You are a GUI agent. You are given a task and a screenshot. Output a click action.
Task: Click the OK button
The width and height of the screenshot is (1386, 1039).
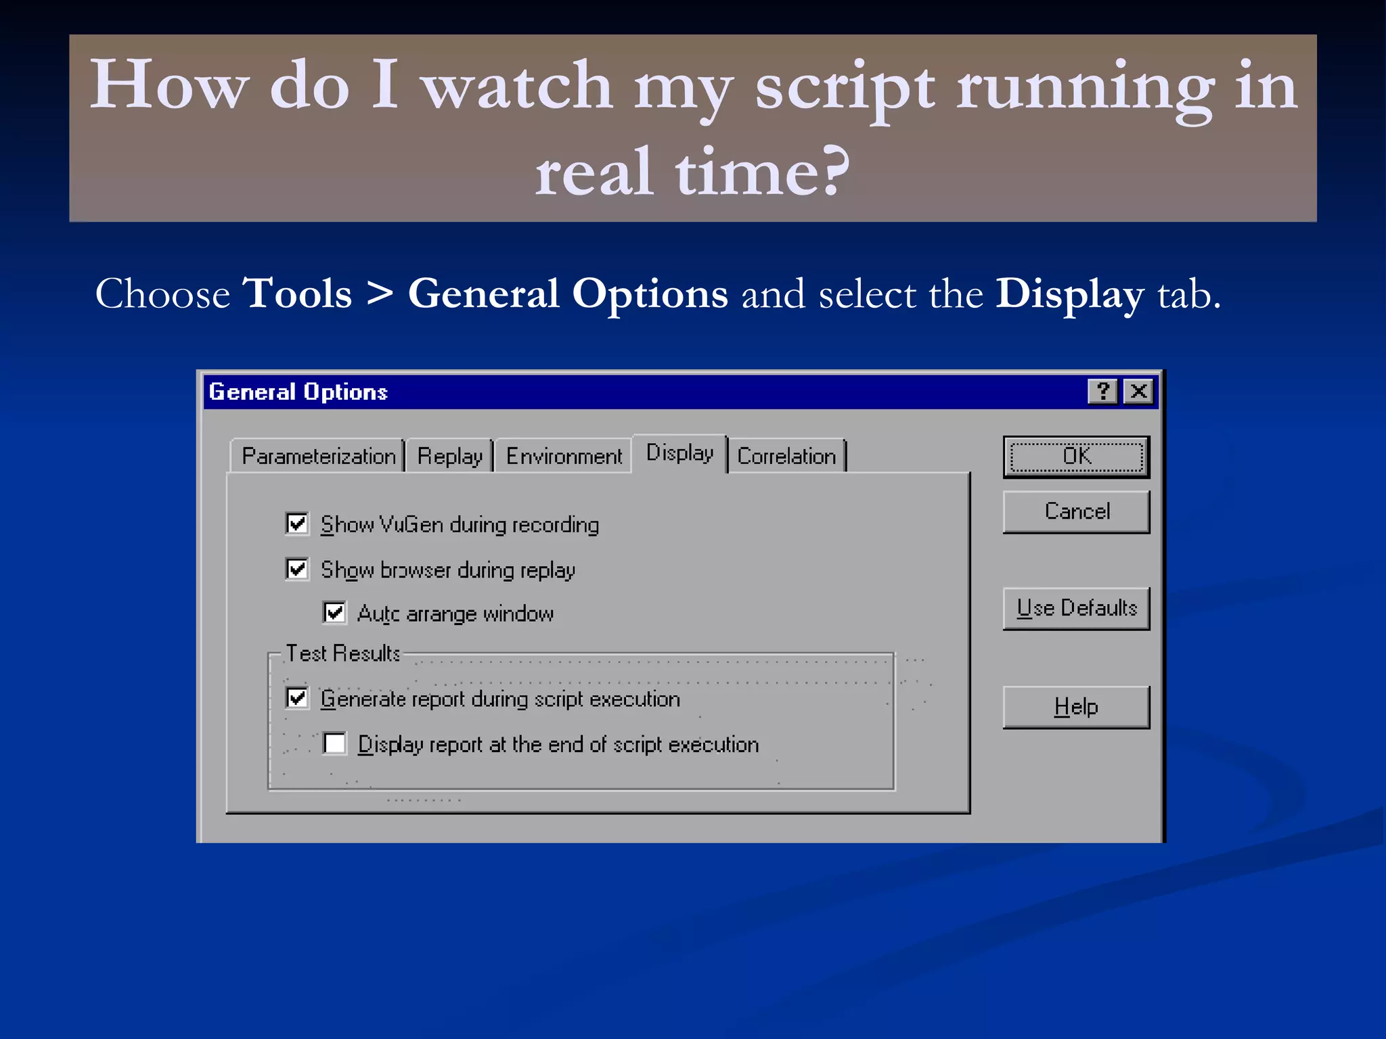click(1076, 457)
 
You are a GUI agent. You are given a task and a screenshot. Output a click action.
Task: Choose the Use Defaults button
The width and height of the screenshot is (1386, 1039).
click(1076, 608)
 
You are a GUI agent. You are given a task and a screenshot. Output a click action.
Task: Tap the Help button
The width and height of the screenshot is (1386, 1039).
click(1076, 707)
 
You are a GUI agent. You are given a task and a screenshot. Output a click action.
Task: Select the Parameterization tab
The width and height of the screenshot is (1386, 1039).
click(318, 457)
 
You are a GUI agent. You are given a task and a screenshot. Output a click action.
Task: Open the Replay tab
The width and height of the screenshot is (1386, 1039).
click(449, 457)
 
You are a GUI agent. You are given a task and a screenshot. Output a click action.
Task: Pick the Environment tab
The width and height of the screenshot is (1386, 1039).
click(564, 457)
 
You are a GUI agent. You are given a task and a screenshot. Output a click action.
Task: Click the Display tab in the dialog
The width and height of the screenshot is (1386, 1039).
click(679, 453)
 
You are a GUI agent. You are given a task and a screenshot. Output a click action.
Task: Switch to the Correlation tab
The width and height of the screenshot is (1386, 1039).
click(786, 457)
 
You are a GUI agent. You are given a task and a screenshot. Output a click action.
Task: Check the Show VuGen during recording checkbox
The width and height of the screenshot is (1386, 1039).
click(297, 524)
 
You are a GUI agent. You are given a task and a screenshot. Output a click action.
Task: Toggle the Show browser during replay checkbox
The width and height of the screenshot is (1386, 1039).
click(297, 569)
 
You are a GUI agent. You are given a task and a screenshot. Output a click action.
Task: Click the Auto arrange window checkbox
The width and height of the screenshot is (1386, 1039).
click(334, 613)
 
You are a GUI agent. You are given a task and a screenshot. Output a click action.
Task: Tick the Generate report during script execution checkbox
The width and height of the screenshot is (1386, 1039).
click(297, 698)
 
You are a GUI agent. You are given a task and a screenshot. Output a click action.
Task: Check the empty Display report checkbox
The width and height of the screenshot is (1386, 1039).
click(334, 743)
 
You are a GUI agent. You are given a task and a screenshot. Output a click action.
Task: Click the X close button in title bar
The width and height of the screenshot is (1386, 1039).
click(1139, 391)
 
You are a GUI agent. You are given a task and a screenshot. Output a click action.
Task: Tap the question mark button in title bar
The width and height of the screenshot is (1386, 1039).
click(1103, 391)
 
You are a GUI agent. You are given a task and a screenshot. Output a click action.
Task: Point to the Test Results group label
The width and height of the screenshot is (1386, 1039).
click(342, 653)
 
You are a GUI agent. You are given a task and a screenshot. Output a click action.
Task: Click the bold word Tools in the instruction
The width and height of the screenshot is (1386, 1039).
click(297, 294)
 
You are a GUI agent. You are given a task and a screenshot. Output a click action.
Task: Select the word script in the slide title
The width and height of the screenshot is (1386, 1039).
click(845, 88)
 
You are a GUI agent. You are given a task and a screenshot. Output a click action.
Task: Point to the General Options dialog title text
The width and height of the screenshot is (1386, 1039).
click(298, 392)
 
